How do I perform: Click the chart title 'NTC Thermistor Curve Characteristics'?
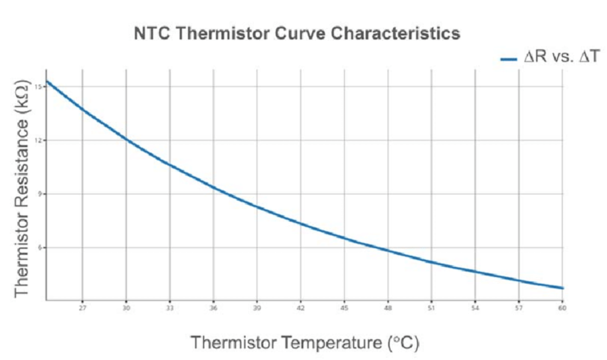pos(297,33)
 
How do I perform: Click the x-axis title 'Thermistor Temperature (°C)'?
pos(305,342)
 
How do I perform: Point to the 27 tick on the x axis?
pos(82,308)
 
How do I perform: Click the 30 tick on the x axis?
pos(126,308)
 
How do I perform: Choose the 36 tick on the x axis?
pos(213,308)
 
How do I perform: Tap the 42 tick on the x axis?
pos(301,308)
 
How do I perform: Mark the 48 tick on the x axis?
pos(387,308)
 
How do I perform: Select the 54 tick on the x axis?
pos(475,308)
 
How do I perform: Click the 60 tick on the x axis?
pos(562,308)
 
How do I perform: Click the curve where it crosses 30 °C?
pos(126,139)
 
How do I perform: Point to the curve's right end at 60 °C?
pos(562,288)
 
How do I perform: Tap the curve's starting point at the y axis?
pos(47,81)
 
